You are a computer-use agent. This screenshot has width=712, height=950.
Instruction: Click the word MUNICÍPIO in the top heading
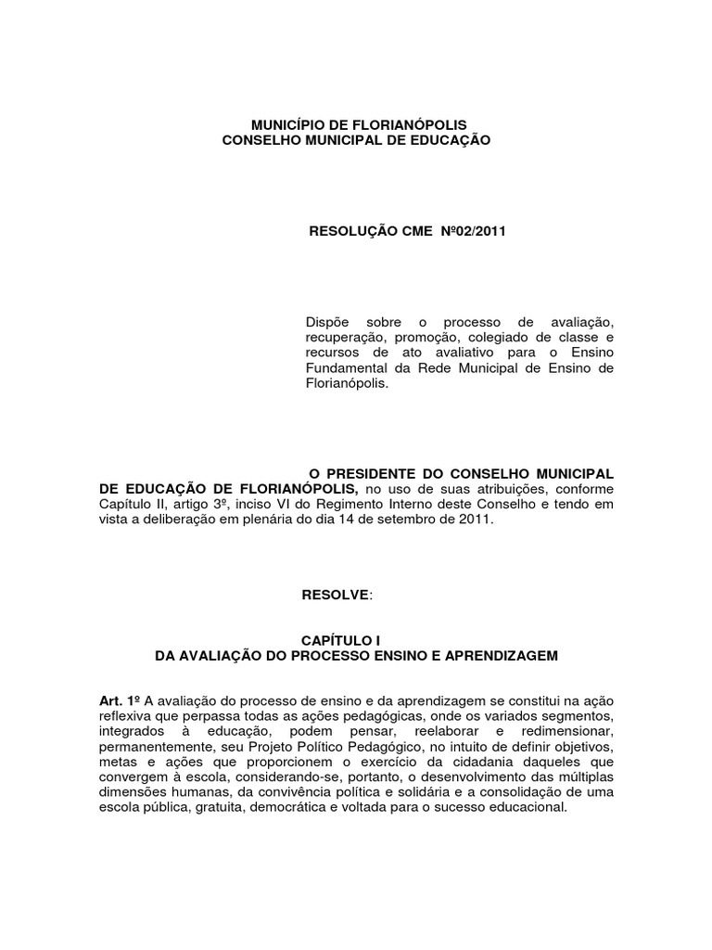286,124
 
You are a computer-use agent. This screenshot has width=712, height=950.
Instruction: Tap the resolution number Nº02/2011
474,231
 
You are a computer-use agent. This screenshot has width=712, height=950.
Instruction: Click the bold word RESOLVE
335,594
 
